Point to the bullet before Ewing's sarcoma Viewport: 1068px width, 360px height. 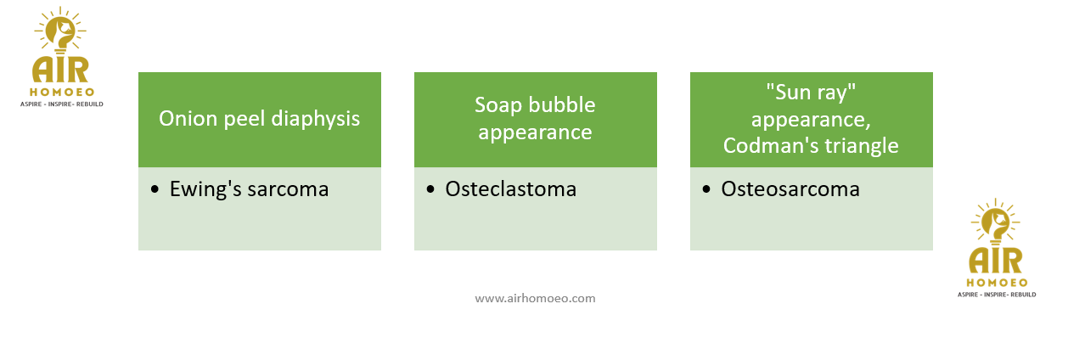pos(155,190)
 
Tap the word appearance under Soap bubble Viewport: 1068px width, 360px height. pos(535,133)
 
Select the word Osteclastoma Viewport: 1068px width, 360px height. pos(510,189)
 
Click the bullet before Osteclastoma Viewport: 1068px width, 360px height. pos(430,190)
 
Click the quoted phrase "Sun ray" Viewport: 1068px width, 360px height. pos(811,92)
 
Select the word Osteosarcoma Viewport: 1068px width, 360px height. pos(790,189)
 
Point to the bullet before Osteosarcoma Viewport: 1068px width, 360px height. pos(706,190)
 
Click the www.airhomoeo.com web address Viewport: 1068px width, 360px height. pos(535,299)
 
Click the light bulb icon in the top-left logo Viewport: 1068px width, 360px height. pos(60,31)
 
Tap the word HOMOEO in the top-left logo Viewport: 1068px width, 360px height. pos(62,92)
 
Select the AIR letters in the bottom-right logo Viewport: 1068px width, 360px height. pos(996,261)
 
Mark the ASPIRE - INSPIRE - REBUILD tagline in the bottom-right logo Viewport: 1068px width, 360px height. pos(997,295)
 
